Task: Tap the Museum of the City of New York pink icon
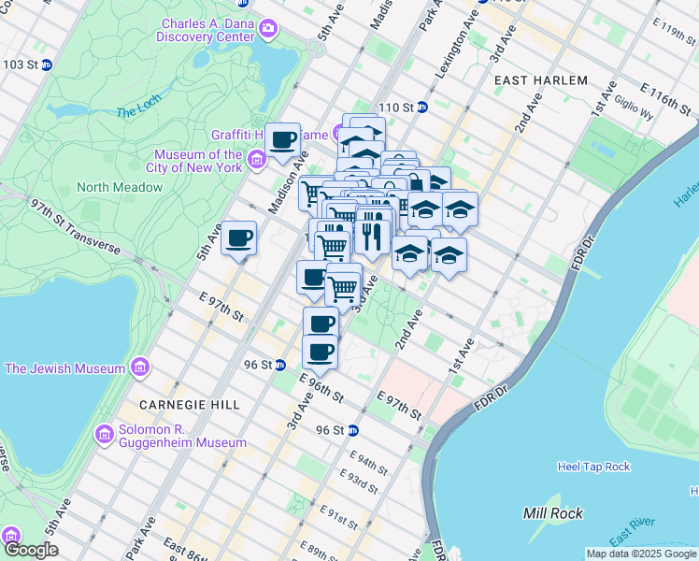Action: click(x=256, y=167)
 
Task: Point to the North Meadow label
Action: click(x=120, y=187)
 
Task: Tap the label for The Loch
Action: click(x=139, y=113)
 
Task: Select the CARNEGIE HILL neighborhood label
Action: click(x=190, y=405)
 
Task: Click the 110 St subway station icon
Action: click(x=421, y=108)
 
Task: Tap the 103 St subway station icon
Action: click(x=46, y=65)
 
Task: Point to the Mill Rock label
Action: click(x=553, y=513)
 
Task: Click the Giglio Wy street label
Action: click(x=635, y=112)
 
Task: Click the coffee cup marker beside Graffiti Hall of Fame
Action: click(x=283, y=140)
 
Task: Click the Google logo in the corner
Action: click(x=31, y=550)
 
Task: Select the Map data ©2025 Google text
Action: click(x=640, y=554)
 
